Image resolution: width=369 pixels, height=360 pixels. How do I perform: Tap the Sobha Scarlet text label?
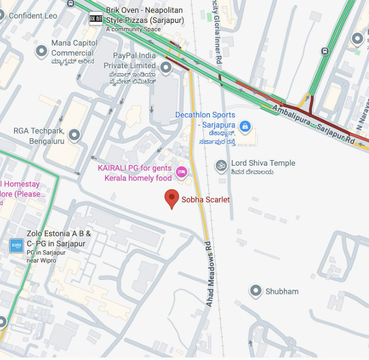coord(206,200)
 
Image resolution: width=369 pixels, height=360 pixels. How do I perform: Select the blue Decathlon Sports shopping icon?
coord(245,127)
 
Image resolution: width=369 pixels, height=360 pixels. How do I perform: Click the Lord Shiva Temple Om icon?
coord(221,165)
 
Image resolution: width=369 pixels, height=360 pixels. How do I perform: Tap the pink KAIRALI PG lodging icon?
coord(181,172)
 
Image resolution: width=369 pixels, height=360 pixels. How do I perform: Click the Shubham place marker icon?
coord(255,290)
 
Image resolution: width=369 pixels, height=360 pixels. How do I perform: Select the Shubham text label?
coord(282,291)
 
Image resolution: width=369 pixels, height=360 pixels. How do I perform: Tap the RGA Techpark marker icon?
coord(75,134)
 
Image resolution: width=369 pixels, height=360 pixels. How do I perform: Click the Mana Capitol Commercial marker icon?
coord(42,51)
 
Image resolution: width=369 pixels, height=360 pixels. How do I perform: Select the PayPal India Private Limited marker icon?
coord(166,67)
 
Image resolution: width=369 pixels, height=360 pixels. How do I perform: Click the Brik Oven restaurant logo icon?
coord(96,19)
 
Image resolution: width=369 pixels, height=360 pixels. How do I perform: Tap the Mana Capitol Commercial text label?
coord(74,48)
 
